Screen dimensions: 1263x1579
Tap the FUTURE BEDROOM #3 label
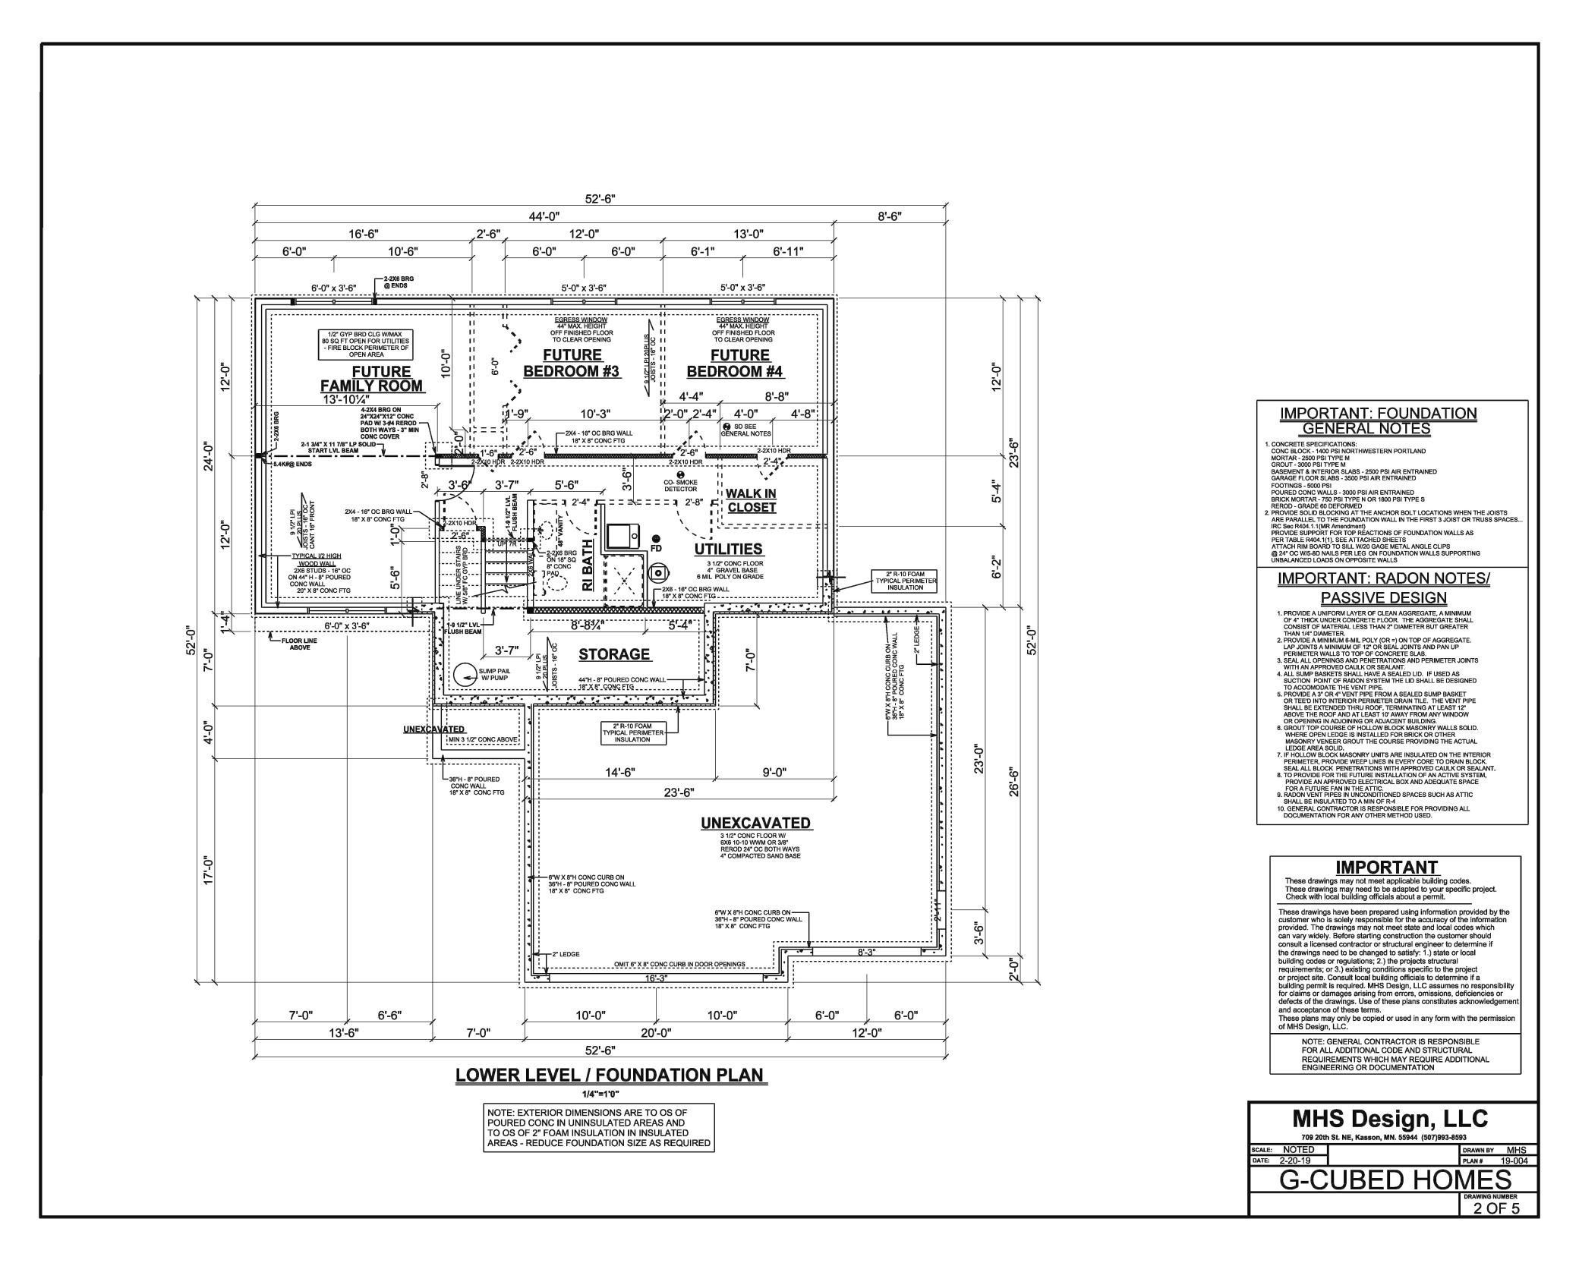[572, 363]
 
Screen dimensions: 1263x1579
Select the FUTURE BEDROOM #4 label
[735, 363]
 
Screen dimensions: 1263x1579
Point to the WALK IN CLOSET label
[751, 500]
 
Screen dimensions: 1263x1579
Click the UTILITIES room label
[728, 549]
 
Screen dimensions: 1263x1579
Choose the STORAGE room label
[614, 654]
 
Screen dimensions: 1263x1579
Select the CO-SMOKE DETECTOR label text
[680, 486]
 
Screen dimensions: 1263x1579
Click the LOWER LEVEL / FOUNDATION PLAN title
[610, 1076]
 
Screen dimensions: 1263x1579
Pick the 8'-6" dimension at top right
[889, 216]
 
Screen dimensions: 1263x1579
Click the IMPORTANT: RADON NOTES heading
[1383, 579]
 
